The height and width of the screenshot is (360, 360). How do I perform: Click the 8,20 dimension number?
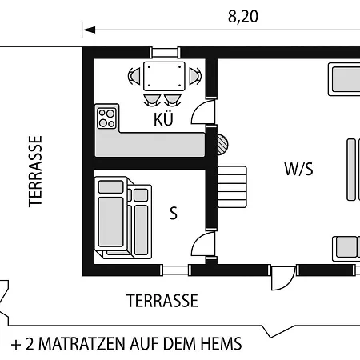[x=243, y=17]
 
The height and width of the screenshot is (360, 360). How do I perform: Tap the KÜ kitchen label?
[x=163, y=119]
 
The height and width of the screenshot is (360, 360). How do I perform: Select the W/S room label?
[x=298, y=169]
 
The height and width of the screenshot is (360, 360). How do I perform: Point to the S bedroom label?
[x=174, y=214]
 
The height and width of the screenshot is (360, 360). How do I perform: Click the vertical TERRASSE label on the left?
[x=35, y=171]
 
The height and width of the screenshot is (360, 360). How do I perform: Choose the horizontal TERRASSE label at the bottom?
[x=162, y=301]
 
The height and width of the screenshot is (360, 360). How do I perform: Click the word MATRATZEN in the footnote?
[x=82, y=343]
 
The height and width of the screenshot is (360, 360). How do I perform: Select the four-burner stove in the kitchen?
[x=106, y=118]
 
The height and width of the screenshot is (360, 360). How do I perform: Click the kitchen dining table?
[x=164, y=76]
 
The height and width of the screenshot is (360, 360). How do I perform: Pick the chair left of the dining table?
[x=134, y=76]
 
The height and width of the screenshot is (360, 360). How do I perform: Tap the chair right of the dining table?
[x=195, y=76]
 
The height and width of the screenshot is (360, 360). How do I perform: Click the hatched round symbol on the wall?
[x=222, y=145]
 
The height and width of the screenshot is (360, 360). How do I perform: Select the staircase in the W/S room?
[x=232, y=186]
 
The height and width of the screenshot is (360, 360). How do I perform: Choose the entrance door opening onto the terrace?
[x=282, y=278]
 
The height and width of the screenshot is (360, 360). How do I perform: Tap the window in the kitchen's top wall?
[x=165, y=53]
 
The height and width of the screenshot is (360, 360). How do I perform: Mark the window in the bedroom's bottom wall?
[x=175, y=270]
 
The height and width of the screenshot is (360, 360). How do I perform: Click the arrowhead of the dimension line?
[x=89, y=30]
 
